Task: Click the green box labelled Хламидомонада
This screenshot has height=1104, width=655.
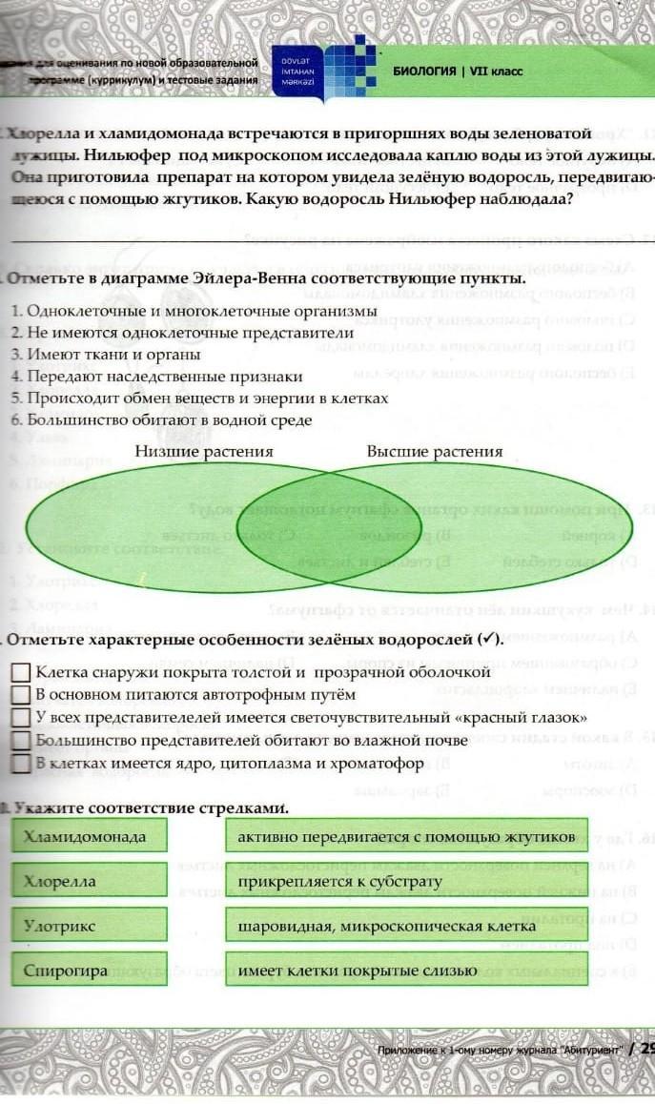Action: click(91, 836)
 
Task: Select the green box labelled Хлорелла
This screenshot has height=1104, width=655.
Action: click(91, 880)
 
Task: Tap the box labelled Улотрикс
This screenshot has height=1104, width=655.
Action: click(91, 925)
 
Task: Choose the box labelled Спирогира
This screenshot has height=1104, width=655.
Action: click(91, 970)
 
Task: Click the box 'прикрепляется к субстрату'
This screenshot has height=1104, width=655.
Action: click(406, 880)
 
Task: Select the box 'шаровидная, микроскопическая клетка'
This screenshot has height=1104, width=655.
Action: click(406, 925)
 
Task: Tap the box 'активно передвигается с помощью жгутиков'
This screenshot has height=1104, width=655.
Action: click(406, 836)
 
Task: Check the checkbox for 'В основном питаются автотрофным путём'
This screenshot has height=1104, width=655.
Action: click(20, 694)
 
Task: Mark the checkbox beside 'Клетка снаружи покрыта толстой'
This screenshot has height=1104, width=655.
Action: click(20, 673)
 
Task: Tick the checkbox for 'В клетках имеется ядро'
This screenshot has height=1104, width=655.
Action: click(20, 763)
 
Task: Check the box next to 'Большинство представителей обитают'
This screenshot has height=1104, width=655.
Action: click(20, 740)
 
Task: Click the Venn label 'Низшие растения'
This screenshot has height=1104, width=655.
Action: click(204, 451)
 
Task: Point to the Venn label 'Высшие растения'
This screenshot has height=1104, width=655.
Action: click(435, 451)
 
